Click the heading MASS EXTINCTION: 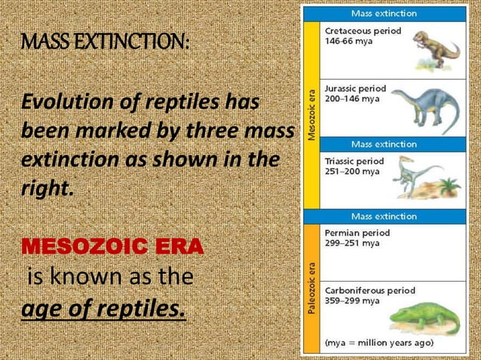coord(105,43)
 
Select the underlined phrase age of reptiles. coord(104,309)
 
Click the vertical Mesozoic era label coord(311,114)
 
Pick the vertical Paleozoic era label coord(311,286)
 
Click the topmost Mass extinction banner coord(383,14)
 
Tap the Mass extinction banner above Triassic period coord(383,144)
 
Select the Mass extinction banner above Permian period coord(383,216)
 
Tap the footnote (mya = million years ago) coord(378,343)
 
